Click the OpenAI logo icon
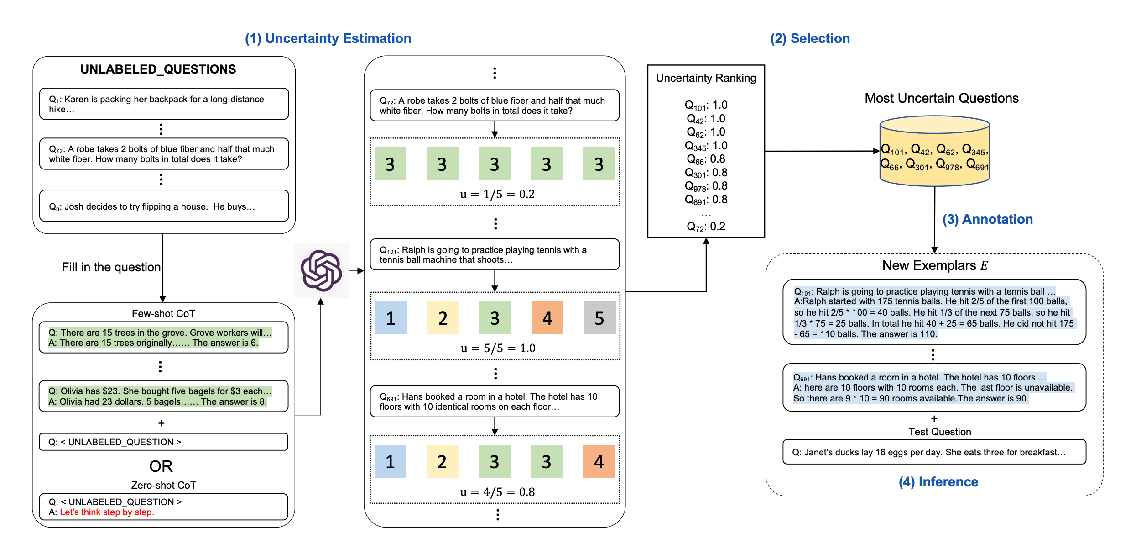(x=321, y=270)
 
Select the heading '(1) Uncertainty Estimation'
(x=328, y=38)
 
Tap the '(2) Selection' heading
(x=810, y=38)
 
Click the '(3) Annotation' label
(x=987, y=219)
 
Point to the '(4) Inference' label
(x=938, y=482)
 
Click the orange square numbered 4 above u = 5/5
(x=547, y=318)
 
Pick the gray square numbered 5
(x=599, y=318)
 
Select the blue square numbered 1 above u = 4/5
(x=390, y=461)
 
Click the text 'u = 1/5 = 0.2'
(x=497, y=194)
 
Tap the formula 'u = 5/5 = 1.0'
(x=498, y=348)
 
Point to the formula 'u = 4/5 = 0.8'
(x=497, y=492)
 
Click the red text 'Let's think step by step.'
(x=107, y=512)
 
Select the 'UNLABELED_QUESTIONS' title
(x=158, y=69)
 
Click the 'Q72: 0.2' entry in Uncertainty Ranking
(x=706, y=227)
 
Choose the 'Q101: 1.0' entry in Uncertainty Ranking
(x=706, y=105)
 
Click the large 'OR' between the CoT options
(x=161, y=466)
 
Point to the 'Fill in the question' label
(x=111, y=267)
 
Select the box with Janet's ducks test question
(x=934, y=452)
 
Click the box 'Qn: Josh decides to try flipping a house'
(x=164, y=206)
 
